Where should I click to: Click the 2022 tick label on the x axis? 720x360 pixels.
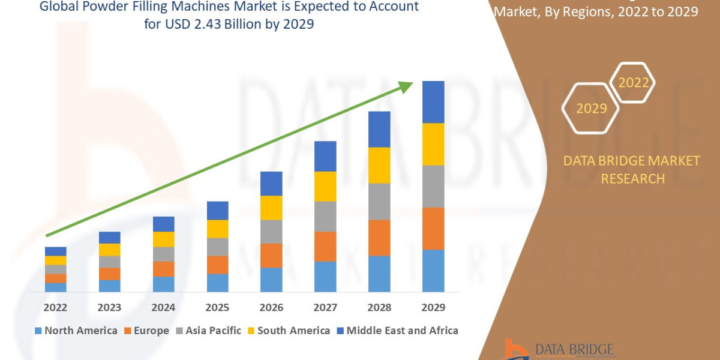click(x=55, y=308)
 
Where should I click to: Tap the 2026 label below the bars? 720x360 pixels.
click(x=271, y=308)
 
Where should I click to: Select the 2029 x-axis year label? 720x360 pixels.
click(x=433, y=308)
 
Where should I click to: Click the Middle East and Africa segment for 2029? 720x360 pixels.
click(x=433, y=102)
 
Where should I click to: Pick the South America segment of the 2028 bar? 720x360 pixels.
click(x=379, y=165)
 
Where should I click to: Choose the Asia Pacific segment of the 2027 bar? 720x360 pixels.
click(x=325, y=216)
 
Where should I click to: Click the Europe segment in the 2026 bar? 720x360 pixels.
click(x=271, y=256)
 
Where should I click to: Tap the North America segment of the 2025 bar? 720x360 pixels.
click(x=217, y=283)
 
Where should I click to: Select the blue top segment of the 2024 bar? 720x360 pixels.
click(x=163, y=224)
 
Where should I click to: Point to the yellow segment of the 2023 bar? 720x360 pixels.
click(x=109, y=250)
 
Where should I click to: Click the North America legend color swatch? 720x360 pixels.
click(x=39, y=331)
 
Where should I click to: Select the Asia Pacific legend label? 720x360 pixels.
click(x=213, y=331)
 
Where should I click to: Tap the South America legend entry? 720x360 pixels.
click(x=293, y=331)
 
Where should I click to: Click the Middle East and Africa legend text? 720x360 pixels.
click(x=402, y=331)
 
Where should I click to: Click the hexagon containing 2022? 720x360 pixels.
click(x=633, y=82)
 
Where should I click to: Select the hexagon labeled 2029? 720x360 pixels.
click(x=590, y=108)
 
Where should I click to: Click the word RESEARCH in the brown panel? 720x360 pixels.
click(x=632, y=178)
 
